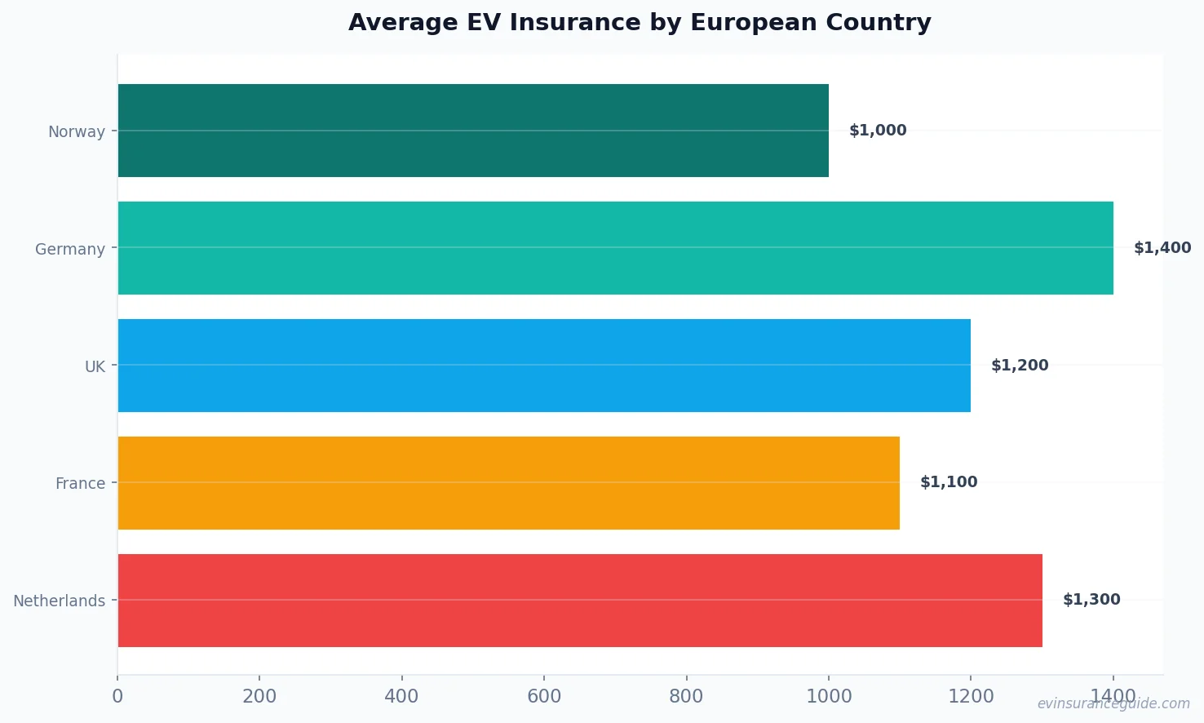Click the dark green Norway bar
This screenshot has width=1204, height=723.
[473, 131]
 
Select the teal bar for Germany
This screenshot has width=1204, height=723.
[615, 248]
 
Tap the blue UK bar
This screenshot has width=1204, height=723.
[544, 366]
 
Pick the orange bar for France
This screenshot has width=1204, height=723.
[508, 483]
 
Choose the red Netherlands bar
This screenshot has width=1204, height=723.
[580, 601]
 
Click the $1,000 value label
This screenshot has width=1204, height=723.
[878, 131]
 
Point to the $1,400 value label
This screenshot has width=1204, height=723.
[1162, 248]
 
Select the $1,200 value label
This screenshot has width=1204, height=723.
[1020, 366]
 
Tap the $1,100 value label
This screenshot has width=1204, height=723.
[949, 482]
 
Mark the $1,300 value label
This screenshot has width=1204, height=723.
[1091, 600]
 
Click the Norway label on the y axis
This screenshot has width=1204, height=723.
[77, 132]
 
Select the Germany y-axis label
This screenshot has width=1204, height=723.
[70, 250]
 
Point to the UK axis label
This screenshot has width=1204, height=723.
[95, 367]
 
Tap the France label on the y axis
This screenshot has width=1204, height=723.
[80, 484]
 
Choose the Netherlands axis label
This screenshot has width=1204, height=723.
[60, 601]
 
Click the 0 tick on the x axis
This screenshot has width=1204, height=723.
[117, 696]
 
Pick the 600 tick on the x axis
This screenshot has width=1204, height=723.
[544, 696]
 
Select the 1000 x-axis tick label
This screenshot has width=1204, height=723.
[829, 696]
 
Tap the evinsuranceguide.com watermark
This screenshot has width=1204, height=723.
[1113, 703]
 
